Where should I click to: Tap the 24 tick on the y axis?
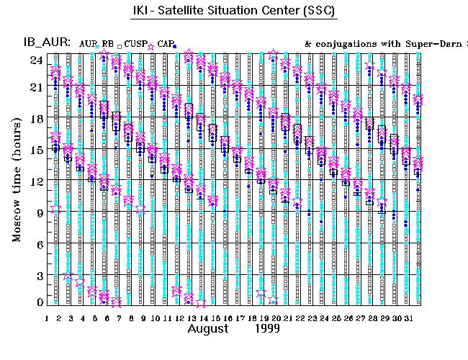coord(35,60)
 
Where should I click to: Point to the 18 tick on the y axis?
coord(35,118)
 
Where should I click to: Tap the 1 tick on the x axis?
coord(47,318)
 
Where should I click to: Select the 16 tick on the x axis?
coord(227,318)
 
